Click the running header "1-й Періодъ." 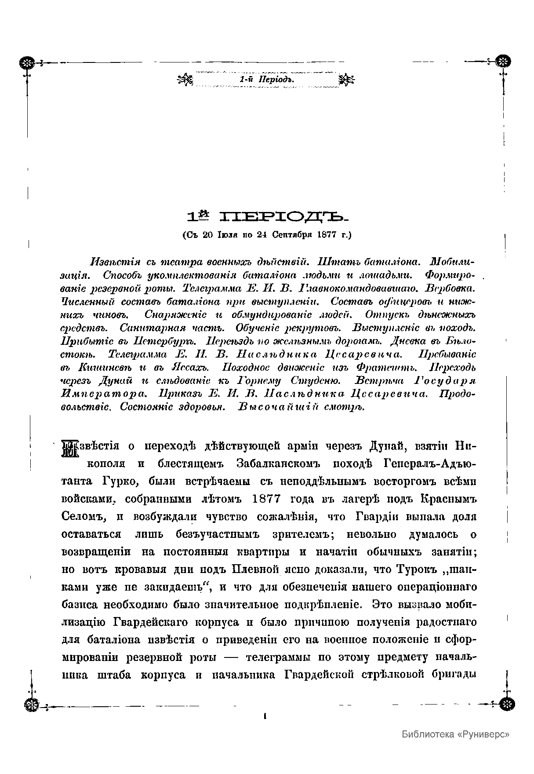coord(266,80)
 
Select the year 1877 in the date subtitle coord(332,235)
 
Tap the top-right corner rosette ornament coord(502,62)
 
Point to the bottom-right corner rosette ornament coord(508,704)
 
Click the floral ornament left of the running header coord(185,80)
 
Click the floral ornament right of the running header coord(348,80)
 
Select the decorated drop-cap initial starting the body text coord(69,449)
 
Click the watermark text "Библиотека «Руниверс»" coord(456,734)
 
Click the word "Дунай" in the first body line coord(387,446)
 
